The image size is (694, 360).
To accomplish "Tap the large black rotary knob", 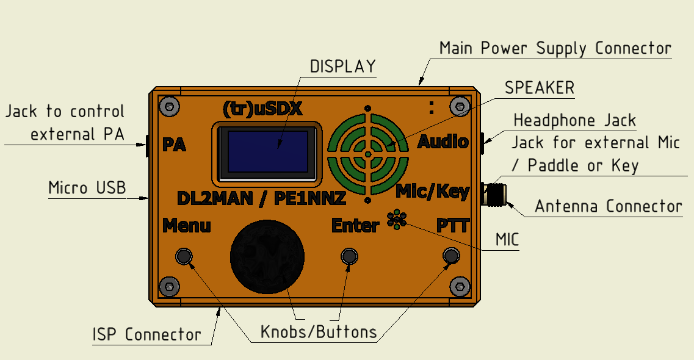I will [x=267, y=257].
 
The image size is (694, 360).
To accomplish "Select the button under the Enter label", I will [x=349, y=256].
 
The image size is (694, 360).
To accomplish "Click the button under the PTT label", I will [x=451, y=256].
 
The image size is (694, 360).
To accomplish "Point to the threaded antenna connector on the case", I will [x=495, y=195].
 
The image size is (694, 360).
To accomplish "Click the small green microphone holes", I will [x=397, y=220].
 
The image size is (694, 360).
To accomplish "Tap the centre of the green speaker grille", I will [x=367, y=155].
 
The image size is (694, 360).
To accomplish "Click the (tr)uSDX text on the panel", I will [x=263, y=109].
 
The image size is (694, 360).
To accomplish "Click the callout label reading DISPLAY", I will [x=342, y=67].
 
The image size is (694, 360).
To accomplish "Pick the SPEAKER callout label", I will [x=540, y=88].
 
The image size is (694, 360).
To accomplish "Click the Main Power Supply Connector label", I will [x=555, y=48].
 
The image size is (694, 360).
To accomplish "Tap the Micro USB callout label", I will [x=87, y=188].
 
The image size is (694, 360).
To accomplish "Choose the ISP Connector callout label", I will [x=146, y=334].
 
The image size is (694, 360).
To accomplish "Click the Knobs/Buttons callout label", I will [x=319, y=332].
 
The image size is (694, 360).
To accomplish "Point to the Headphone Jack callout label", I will [x=575, y=120].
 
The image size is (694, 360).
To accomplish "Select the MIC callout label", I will [x=507, y=240].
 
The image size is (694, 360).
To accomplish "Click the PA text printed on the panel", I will [x=174, y=145].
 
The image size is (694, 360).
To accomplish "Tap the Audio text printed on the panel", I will [x=443, y=142].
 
